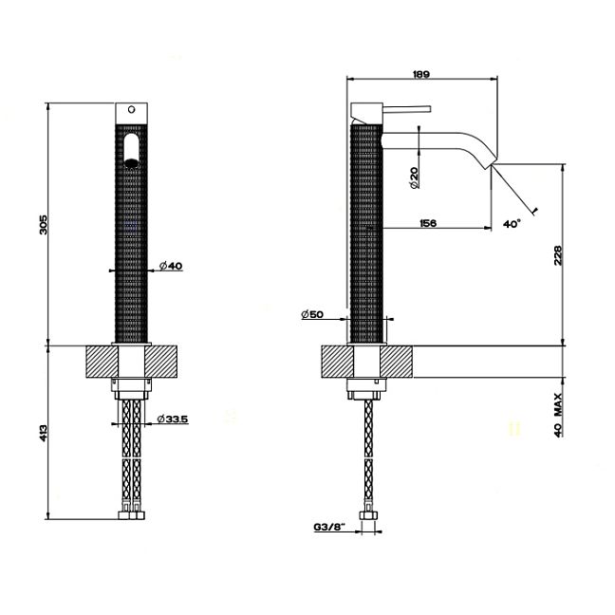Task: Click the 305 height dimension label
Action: click(44, 224)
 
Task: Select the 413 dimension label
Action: click(44, 433)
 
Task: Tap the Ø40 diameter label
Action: click(171, 266)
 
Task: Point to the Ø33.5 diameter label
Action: click(173, 419)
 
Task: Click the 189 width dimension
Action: click(421, 74)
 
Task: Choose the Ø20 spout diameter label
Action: click(414, 177)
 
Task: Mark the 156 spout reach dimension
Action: click(428, 223)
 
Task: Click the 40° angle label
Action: click(512, 224)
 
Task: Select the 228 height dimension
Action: click(558, 255)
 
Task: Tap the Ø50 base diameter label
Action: click(312, 314)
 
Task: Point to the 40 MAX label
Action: click(558, 415)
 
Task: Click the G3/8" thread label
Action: click(329, 527)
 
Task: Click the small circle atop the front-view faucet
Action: click(132, 109)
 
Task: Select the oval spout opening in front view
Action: click(131, 151)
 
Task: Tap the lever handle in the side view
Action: click(407, 109)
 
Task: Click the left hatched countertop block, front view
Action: click(102, 362)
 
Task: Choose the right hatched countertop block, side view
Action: click(396, 362)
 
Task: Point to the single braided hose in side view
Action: click(368, 455)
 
